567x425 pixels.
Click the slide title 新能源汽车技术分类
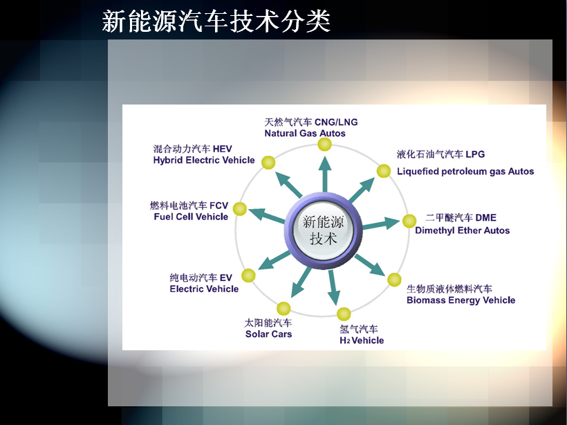pyautogui.click(x=216, y=21)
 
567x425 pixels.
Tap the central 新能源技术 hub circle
pyautogui.click(x=323, y=230)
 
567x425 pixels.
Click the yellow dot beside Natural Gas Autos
pyautogui.click(x=325, y=144)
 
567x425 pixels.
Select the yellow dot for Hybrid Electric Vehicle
pyautogui.click(x=268, y=163)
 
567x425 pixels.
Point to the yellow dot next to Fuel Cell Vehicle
pyautogui.click(x=240, y=209)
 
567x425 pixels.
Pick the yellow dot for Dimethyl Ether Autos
pyautogui.click(x=409, y=221)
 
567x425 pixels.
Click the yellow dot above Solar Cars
pyautogui.click(x=283, y=309)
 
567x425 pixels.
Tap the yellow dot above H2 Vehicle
pyautogui.click(x=344, y=314)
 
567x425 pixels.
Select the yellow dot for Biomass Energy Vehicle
pyautogui.click(x=394, y=280)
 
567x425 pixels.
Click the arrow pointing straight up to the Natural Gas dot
pyautogui.click(x=325, y=174)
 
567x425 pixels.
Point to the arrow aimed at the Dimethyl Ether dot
pyautogui.click(x=381, y=224)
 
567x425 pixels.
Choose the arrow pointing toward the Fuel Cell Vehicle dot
pyautogui.click(x=267, y=215)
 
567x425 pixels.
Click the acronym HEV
pyautogui.click(x=223, y=149)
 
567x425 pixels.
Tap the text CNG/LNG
pyautogui.click(x=336, y=122)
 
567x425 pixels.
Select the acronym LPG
pyautogui.click(x=475, y=154)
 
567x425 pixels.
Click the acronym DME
pyautogui.click(x=485, y=217)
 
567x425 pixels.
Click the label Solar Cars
pyautogui.click(x=268, y=334)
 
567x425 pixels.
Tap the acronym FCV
pyautogui.click(x=219, y=206)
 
